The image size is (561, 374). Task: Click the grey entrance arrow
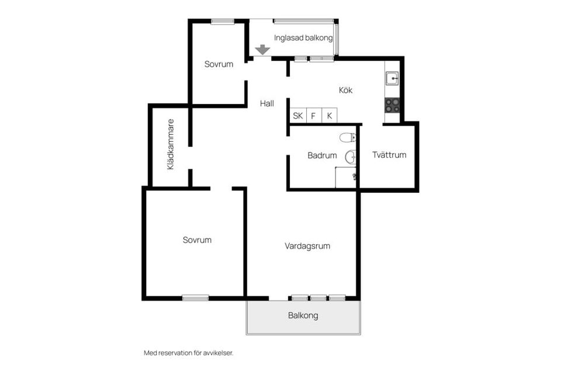tap(262, 50)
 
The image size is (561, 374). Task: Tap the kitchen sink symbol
tap(392, 78)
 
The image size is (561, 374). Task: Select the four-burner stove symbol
tap(392, 105)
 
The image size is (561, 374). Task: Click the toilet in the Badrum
tap(348, 137)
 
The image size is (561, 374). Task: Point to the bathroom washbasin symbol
tap(351, 157)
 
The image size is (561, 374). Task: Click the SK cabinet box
tap(298, 116)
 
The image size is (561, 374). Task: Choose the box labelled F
tap(314, 116)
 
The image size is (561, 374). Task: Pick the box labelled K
tap(330, 116)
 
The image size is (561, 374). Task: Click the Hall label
tap(267, 104)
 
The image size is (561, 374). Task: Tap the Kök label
tap(345, 90)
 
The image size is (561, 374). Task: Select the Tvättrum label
tap(389, 155)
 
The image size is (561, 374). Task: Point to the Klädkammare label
tap(171, 144)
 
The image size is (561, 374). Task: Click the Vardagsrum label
tap(307, 246)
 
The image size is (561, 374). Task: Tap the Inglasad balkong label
tap(303, 38)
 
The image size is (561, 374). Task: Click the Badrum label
tap(322, 155)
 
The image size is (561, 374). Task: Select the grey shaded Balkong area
tap(303, 317)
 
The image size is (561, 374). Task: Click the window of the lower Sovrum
tap(195, 298)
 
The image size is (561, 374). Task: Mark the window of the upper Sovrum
tap(223, 22)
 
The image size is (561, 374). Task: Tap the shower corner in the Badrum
tap(345, 177)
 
